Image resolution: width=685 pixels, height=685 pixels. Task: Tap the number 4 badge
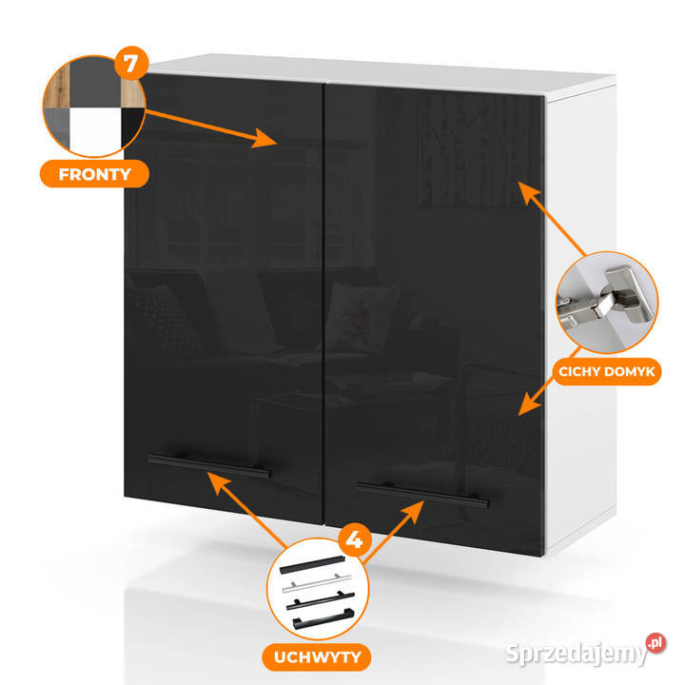click(355, 541)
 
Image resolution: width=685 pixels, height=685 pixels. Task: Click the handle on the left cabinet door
click(209, 466)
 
